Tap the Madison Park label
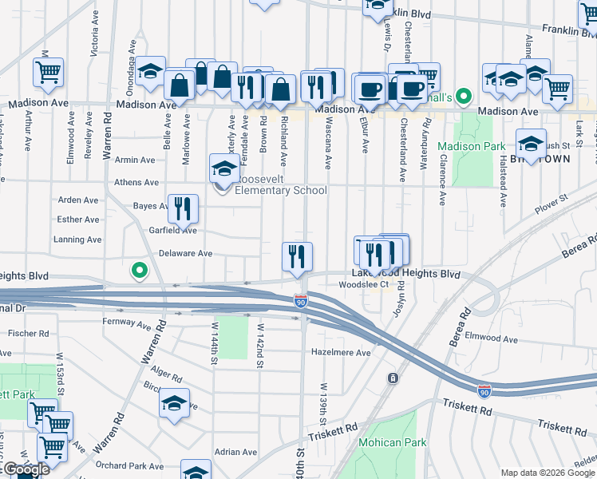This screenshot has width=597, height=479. point(471,146)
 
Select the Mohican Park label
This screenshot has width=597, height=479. point(392,442)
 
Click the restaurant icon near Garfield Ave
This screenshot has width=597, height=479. point(183,210)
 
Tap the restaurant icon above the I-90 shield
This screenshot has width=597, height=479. point(297,257)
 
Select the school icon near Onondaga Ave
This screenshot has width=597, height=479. point(149,71)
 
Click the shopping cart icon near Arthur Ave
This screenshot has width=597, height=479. point(48,72)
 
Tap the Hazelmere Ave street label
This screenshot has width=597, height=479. point(341,352)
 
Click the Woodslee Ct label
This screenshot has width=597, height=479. point(363,284)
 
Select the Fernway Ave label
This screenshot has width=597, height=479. point(127,324)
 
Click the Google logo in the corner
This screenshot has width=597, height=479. point(26,469)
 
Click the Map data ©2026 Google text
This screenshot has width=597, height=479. point(547,473)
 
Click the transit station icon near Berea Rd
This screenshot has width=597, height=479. point(393,378)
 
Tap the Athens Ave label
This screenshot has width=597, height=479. point(136,182)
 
